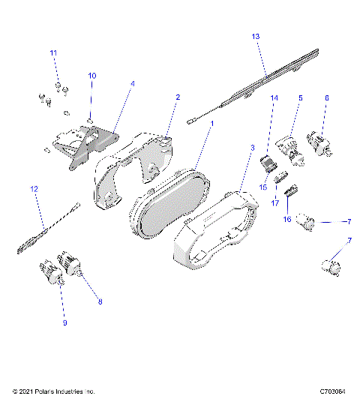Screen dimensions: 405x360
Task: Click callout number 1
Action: pos(211,123)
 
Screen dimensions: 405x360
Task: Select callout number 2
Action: pos(178,97)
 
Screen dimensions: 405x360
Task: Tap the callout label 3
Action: pos(253,148)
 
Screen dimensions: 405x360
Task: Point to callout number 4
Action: pos(132,84)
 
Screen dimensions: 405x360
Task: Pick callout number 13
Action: pos(256,36)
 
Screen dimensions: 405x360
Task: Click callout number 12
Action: pos(33,190)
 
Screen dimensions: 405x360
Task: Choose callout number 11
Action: pos(53,53)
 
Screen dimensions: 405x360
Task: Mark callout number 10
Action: pos(92,76)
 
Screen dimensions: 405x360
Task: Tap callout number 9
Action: pos(64,323)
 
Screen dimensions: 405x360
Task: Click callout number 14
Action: pos(274,98)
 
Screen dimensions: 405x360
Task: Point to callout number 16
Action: pos(286,220)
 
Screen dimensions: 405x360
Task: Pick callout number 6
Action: pos(326,97)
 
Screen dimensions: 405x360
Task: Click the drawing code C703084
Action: pos(331,391)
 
